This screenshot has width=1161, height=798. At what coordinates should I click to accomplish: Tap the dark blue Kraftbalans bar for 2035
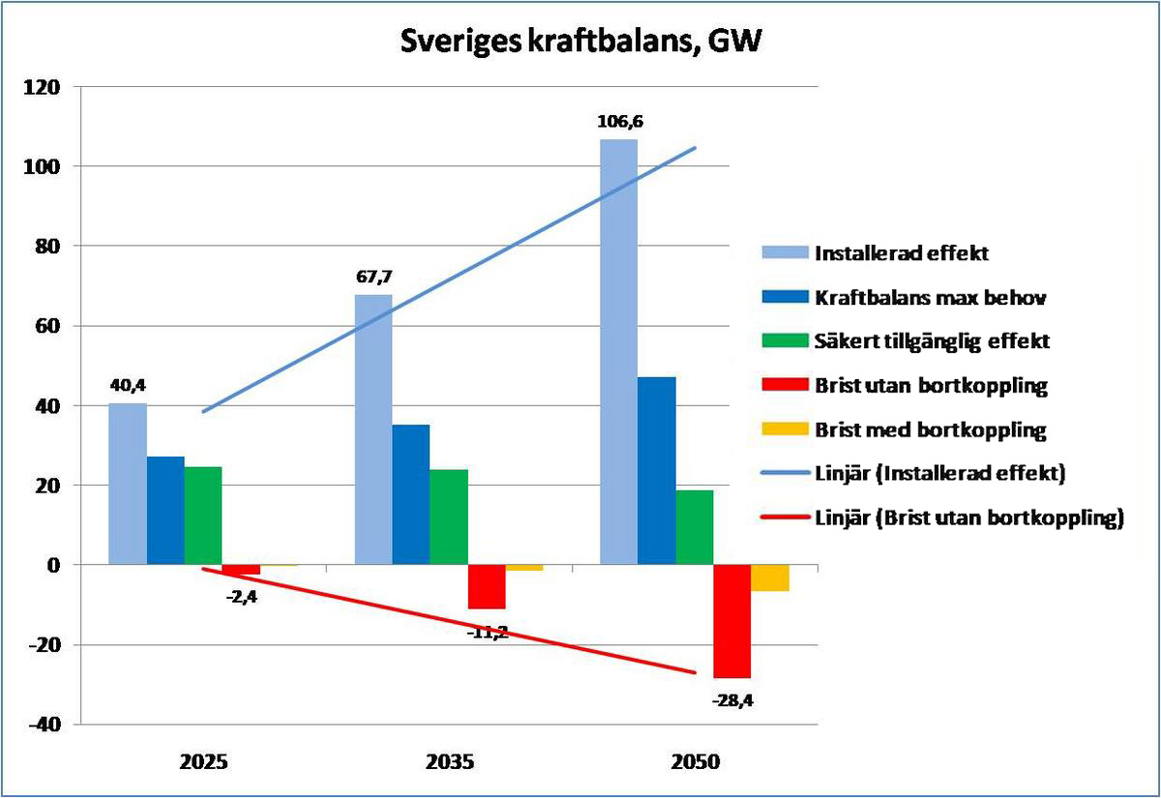(410, 493)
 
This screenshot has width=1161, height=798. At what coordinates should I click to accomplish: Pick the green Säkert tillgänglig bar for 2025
(203, 515)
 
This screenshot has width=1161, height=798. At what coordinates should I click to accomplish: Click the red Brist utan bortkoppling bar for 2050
(731, 620)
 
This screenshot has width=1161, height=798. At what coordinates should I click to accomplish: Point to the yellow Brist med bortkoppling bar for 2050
(770, 576)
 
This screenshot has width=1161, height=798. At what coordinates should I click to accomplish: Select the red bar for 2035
(487, 586)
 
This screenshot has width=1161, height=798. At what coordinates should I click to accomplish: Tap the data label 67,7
(372, 277)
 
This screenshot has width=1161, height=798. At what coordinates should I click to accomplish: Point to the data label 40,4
(128, 386)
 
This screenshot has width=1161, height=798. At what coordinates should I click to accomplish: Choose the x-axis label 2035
(450, 761)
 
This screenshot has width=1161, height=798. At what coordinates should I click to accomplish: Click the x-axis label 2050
(696, 761)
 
